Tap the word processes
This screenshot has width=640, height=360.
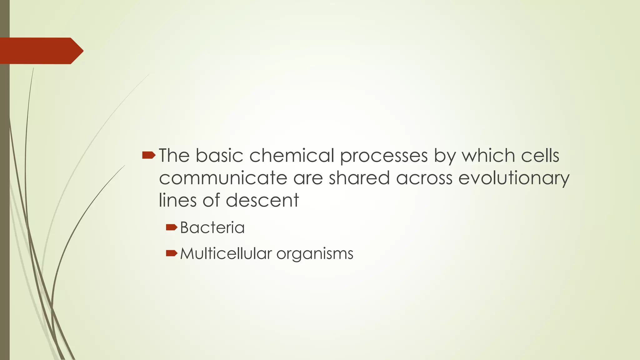[x=384, y=156]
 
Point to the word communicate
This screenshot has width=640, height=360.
[x=223, y=178]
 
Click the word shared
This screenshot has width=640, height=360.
[x=359, y=178]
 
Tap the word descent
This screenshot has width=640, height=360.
[x=262, y=200]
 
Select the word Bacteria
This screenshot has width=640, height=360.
[x=212, y=227]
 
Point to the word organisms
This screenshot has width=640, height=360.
[x=315, y=254]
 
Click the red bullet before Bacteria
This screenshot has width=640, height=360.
[x=172, y=227]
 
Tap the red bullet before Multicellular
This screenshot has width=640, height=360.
[x=172, y=253]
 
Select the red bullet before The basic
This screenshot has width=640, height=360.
[x=148, y=155]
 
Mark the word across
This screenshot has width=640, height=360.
[x=424, y=178]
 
